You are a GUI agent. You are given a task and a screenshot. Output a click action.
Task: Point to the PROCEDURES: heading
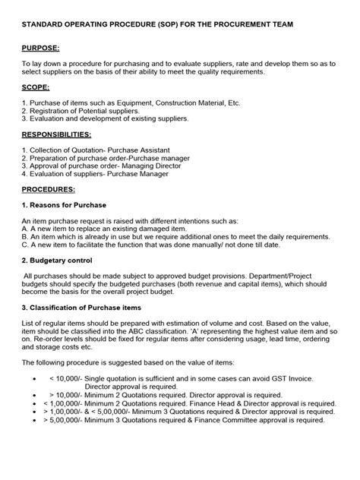48,188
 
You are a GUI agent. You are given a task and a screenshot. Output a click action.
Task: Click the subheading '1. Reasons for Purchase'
64,205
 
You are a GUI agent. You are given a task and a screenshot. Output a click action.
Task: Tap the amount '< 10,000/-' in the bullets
67,377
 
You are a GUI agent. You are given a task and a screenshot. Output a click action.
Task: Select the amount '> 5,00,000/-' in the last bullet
69,420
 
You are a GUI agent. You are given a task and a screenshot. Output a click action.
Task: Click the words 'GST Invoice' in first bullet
292,377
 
